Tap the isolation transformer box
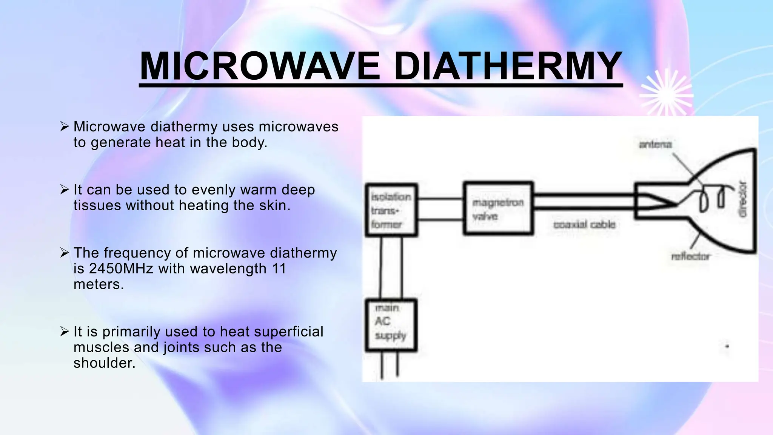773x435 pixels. click(x=391, y=210)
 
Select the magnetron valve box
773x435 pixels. click(x=498, y=208)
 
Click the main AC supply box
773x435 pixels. click(x=391, y=325)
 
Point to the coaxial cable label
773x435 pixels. click(x=584, y=225)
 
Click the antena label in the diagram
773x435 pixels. click(x=655, y=144)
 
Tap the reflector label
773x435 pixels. click(x=690, y=256)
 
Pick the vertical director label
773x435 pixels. click(x=742, y=199)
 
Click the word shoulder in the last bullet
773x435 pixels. click(x=104, y=363)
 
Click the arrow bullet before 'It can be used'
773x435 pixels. click(x=64, y=189)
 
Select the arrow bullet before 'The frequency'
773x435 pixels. click(x=64, y=252)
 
